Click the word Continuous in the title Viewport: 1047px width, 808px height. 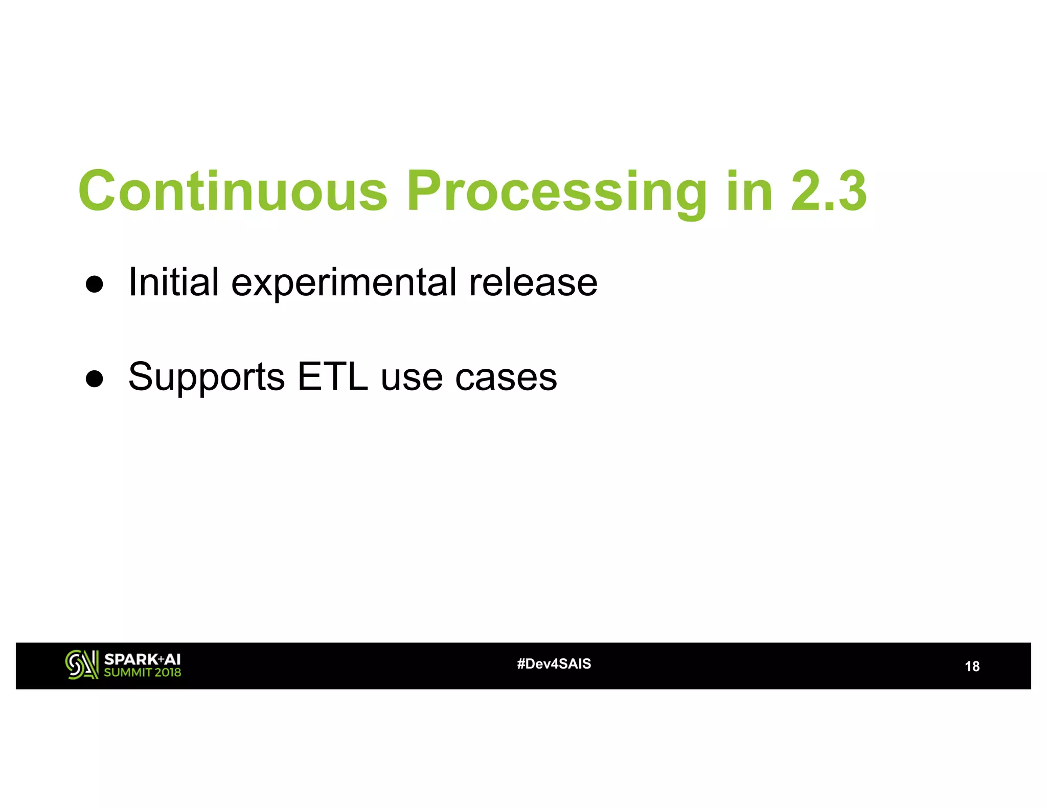click(x=233, y=192)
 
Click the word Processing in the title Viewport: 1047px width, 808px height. click(x=557, y=192)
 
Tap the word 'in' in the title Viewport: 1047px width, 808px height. click(x=749, y=192)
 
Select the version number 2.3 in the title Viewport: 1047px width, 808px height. click(x=829, y=192)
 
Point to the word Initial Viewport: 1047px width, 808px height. click(x=173, y=282)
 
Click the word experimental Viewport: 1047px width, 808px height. click(x=344, y=282)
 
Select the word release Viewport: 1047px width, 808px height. click(x=533, y=282)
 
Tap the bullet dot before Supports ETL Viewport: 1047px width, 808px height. click(x=95, y=378)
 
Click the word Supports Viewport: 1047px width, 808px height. click(x=207, y=377)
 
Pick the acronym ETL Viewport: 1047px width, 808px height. click(x=332, y=377)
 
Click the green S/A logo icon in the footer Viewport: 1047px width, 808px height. click(x=81, y=664)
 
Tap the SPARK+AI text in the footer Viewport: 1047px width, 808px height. click(x=142, y=659)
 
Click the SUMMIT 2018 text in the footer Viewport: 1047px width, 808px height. click(x=142, y=673)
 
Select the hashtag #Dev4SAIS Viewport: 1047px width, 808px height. click(x=554, y=664)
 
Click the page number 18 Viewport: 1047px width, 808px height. click(x=971, y=667)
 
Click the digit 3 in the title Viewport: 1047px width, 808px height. click(x=851, y=192)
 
